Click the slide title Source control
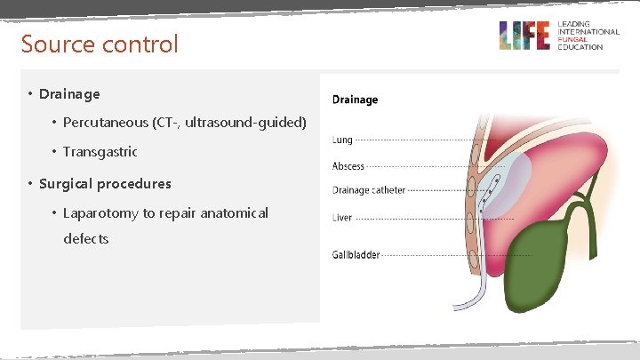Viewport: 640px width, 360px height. (100, 44)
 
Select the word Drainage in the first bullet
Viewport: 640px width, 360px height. (69, 93)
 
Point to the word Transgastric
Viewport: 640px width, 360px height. (100, 152)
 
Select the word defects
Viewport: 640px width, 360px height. (85, 239)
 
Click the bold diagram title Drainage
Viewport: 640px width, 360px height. (355, 100)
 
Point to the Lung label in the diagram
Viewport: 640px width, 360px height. (342, 140)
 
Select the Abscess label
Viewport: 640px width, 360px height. (348, 166)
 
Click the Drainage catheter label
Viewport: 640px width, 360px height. (368, 190)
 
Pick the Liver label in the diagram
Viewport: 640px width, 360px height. (342, 218)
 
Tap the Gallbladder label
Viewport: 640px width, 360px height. (356, 255)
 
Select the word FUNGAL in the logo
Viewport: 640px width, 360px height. (572, 40)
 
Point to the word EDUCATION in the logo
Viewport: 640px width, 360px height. (580, 47)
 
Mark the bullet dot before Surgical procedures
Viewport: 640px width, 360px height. (29, 184)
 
